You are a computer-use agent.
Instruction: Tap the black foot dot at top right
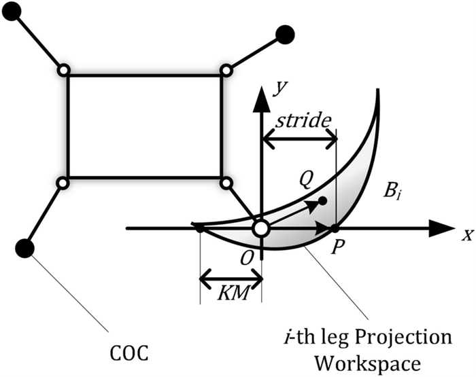286,33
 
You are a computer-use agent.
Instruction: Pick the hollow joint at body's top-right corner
226,70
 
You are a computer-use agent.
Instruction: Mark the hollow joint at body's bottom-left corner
63,183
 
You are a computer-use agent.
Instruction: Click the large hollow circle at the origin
261,229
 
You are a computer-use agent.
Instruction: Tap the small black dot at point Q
322,201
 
